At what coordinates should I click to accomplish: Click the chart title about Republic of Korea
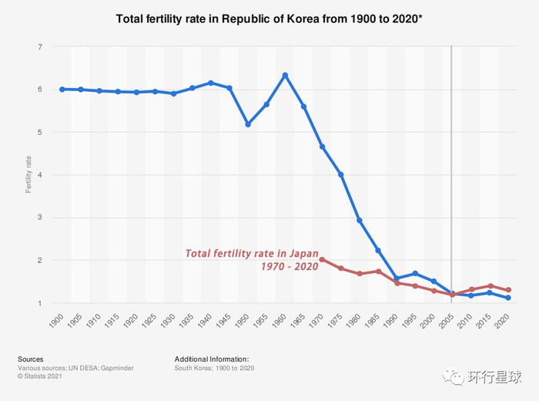coord(269,18)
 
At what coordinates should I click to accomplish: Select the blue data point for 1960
coord(285,75)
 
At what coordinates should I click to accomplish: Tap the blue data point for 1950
coord(248,124)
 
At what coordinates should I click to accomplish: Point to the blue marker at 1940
coord(211,83)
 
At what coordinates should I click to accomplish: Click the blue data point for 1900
coord(62,89)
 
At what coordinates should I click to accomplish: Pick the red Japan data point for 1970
coord(322,260)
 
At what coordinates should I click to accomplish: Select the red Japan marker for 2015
coord(489,285)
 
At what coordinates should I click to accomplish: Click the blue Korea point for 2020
coord(508,298)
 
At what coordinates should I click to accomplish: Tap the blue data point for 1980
coord(360,221)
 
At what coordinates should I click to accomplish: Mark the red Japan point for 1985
coord(378,271)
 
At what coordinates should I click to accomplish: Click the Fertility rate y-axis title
coord(28,175)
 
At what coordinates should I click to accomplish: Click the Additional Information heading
coord(212,359)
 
